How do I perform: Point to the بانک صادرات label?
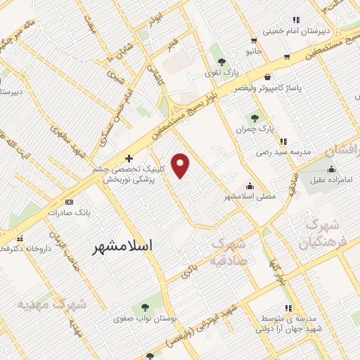[x=70, y=212]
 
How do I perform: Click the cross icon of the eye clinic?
[x=128, y=159]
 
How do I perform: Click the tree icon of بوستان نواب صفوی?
[x=145, y=307]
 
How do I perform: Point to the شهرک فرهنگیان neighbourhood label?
[x=325, y=233]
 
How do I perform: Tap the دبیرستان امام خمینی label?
[x=296, y=31]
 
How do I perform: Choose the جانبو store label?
[x=252, y=51]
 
